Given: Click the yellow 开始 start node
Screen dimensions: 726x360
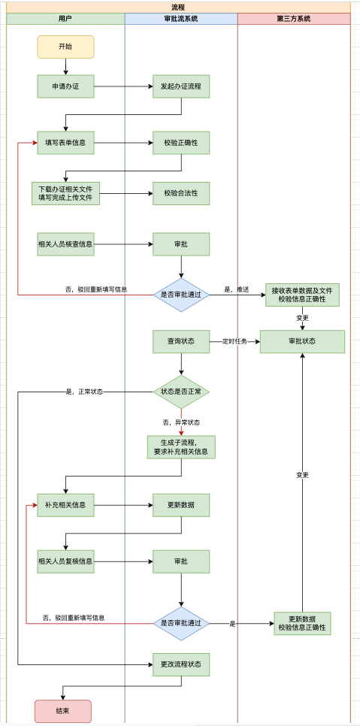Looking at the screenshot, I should click(65, 47).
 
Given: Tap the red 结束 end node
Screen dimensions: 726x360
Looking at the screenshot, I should click(62, 711).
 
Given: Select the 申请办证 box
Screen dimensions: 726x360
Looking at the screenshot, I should click(65, 86).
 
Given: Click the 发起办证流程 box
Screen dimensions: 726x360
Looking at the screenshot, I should click(181, 86).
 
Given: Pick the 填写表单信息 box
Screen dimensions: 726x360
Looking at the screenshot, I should click(65, 143).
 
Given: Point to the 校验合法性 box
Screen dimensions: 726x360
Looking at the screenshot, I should click(181, 193).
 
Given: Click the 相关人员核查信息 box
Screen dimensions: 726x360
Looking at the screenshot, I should click(65, 244).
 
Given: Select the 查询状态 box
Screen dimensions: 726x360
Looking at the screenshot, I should click(181, 341).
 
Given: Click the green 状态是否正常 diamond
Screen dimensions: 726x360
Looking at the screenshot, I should click(181, 392).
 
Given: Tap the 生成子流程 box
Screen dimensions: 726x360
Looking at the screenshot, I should click(181, 447).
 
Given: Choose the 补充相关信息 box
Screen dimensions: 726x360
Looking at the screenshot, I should click(65, 504).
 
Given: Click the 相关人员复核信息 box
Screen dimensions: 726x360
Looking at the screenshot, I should click(65, 561).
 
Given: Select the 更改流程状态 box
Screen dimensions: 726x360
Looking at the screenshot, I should click(181, 664).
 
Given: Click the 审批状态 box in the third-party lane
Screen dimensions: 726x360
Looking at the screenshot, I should click(302, 341).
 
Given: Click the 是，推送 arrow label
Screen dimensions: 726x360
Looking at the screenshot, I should click(237, 289).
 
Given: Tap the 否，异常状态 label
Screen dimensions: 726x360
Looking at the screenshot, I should click(181, 422).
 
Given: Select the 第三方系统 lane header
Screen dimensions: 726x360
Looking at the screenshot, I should click(293, 19).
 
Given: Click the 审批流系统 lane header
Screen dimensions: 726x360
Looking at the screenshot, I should click(181, 19).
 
